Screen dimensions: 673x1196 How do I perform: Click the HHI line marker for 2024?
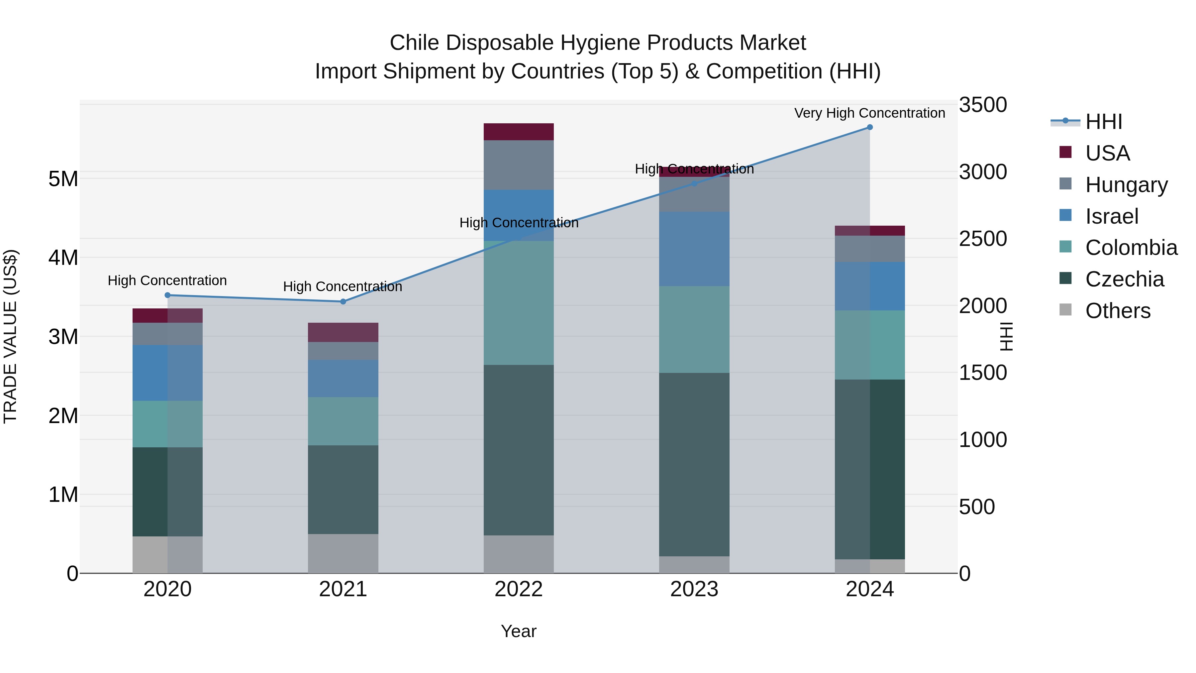coord(870,127)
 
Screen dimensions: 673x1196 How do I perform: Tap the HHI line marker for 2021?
coord(343,301)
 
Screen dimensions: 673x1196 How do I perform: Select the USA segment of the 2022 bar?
coord(519,132)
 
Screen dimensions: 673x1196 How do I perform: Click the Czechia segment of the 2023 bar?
coord(694,465)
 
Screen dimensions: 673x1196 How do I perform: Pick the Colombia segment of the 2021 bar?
coord(343,421)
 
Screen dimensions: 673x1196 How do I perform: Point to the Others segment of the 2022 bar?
coord(519,554)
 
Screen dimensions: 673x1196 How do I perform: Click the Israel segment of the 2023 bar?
coord(694,249)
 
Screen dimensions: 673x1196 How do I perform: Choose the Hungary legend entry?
coord(1126,185)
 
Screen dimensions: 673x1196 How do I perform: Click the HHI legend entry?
coord(1103,122)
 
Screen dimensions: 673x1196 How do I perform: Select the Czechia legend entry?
coord(1124,280)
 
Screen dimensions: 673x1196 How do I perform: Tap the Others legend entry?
coord(1117,311)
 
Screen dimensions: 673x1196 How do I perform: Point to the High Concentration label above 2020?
coord(167,280)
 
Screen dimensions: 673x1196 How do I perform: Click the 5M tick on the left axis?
coord(63,179)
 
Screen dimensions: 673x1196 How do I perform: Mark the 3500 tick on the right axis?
coord(982,105)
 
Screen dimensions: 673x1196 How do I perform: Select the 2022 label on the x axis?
coord(519,589)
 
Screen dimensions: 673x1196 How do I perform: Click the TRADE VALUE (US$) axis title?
coord(10,336)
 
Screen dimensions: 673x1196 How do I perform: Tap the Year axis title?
coord(519,631)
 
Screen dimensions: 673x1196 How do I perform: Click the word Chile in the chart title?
coord(414,43)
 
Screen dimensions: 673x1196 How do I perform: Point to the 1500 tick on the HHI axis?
coord(982,373)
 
